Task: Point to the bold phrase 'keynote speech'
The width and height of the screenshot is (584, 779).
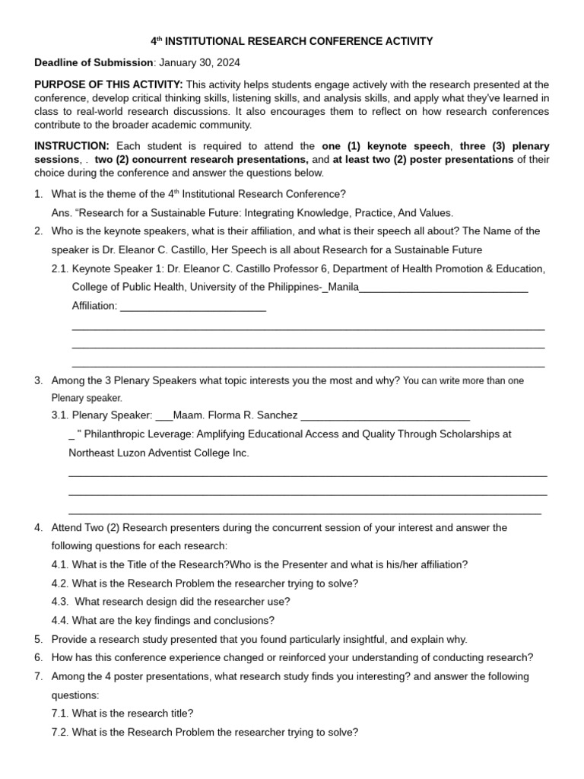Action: pos(413,146)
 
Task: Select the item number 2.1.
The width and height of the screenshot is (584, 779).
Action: pos(60,269)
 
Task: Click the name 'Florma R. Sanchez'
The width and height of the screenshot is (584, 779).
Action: pos(252,415)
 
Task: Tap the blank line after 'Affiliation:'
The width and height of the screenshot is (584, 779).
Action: pos(193,306)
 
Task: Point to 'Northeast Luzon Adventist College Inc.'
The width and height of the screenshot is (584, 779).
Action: pos(159,453)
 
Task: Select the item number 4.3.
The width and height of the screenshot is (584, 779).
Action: pos(60,602)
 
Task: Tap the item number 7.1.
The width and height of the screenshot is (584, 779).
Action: pos(60,714)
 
